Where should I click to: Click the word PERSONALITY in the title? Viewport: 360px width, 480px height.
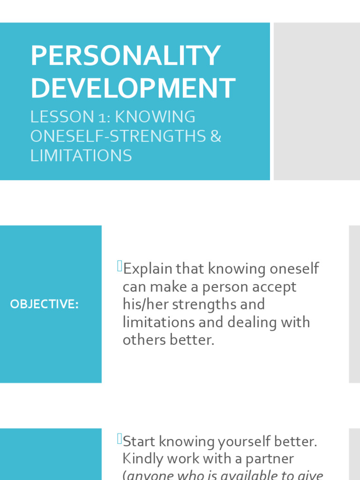[x=125, y=56]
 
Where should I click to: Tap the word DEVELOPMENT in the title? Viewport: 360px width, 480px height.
[x=133, y=88]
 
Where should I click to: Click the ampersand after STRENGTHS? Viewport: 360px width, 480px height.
[x=216, y=136]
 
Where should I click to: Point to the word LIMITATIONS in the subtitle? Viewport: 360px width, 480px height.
[x=81, y=155]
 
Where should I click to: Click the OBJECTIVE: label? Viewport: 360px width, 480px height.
[x=45, y=304]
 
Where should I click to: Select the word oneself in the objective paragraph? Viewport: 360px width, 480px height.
[x=294, y=269]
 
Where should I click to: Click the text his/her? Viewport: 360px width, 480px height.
[x=145, y=304]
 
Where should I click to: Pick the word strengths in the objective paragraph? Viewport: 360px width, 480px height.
[x=206, y=304]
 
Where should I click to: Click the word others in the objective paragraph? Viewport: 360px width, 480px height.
[x=143, y=340]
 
